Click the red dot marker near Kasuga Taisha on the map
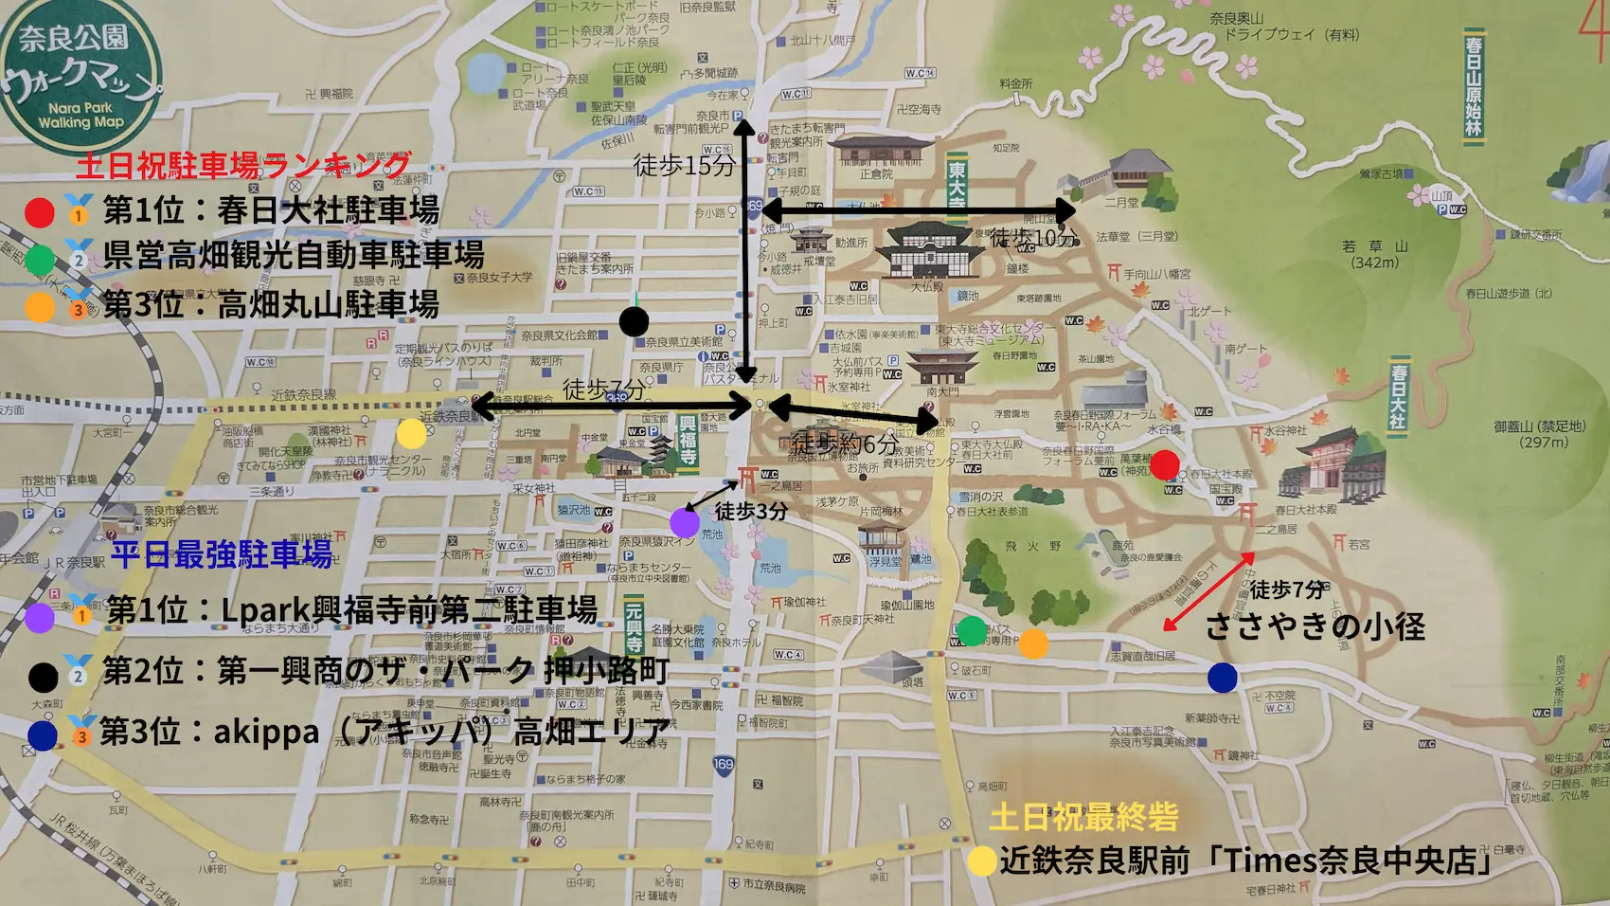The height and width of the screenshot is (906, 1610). [1164, 464]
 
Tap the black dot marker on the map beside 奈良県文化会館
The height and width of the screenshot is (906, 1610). [634, 321]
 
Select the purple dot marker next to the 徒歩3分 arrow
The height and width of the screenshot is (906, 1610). [684, 522]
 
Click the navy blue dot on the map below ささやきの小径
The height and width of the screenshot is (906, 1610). [1223, 677]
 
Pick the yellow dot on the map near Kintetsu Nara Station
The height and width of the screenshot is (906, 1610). [411, 433]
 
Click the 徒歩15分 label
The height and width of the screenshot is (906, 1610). [684, 166]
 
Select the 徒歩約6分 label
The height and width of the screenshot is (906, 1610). [844, 443]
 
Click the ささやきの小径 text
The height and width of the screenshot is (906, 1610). [1315, 626]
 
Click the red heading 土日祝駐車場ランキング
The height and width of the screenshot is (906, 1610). [243, 165]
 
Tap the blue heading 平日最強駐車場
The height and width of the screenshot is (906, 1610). [222, 553]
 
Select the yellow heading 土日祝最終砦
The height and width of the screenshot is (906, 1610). [1083, 816]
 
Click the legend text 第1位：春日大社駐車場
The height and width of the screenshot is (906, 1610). [271, 210]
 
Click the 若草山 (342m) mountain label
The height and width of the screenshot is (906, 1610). [1375, 253]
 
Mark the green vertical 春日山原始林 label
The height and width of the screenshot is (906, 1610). [1474, 85]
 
